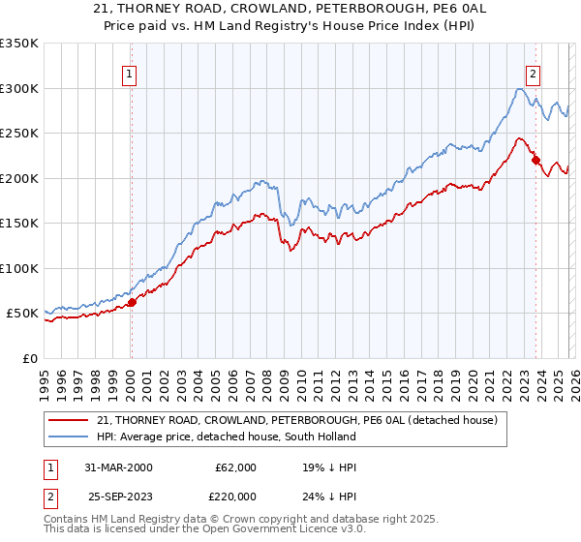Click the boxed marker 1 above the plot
130,72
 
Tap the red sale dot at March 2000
133,302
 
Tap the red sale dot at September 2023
535,161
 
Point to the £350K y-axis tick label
19,44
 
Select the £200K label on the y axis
19,178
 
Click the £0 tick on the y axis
29,358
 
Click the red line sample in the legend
69,420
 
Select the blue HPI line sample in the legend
69,437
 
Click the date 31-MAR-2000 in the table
118,467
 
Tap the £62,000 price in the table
235,467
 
